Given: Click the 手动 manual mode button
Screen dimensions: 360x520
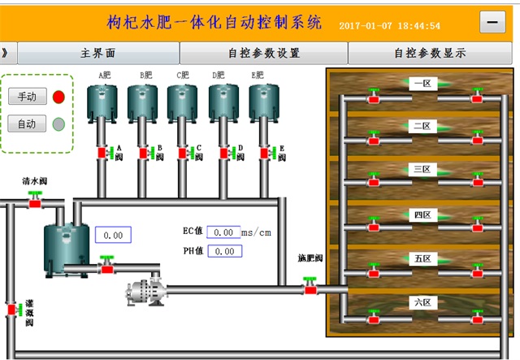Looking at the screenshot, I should (x=27, y=97).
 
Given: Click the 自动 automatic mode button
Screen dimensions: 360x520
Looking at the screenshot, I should (x=27, y=124).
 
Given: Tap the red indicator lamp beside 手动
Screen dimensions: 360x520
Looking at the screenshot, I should (x=58, y=97).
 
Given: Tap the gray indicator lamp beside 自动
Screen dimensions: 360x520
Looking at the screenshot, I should (x=58, y=124).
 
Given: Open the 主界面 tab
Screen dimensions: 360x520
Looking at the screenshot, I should (x=97, y=54).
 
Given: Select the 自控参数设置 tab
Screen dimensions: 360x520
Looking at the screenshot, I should (x=264, y=54).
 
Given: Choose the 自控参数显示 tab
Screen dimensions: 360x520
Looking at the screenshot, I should (x=430, y=54).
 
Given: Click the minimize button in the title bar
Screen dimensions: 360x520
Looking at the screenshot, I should (x=492, y=23).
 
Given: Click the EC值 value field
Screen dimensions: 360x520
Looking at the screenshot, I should (x=223, y=232).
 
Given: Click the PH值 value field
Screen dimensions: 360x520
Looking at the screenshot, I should (x=223, y=251).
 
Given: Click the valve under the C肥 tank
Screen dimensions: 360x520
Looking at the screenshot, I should (x=183, y=152).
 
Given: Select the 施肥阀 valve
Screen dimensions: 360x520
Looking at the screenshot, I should (x=310, y=286).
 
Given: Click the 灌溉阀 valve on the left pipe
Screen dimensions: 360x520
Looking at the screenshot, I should (x=12, y=310).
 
